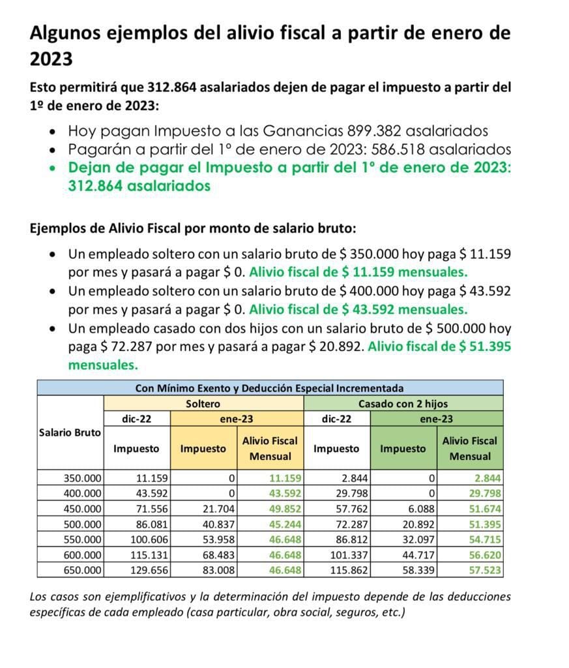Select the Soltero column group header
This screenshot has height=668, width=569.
203,404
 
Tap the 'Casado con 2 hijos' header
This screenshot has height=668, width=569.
403,404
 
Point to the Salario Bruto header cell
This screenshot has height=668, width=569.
70,432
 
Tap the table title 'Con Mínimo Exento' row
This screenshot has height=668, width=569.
269,388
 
